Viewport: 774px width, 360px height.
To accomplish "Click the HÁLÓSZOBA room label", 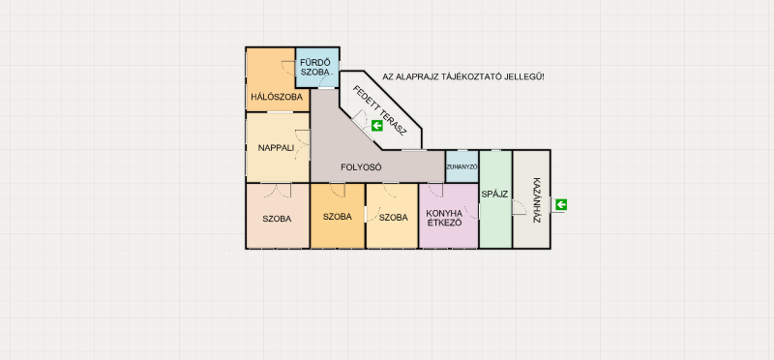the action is (x=277, y=97).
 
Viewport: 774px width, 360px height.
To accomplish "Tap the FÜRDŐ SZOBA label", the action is (x=315, y=67).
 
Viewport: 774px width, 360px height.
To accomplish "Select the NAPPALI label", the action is (x=276, y=148).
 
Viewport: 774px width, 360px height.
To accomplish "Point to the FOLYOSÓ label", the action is (x=361, y=167).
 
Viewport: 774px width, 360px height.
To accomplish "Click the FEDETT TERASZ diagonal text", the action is (x=379, y=110).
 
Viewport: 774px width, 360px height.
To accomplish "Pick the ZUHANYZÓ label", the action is (x=461, y=166).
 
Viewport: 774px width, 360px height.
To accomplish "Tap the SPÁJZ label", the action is (x=494, y=195).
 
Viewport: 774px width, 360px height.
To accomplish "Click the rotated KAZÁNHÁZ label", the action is (x=538, y=199).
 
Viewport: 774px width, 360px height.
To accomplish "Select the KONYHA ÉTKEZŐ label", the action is (x=444, y=218).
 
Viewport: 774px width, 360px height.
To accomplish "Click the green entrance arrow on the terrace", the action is (x=377, y=126).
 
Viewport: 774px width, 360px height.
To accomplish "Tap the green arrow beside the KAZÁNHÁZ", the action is (x=561, y=204).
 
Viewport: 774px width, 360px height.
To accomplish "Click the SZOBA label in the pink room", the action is (x=277, y=219).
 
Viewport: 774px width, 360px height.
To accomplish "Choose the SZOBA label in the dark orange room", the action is (x=337, y=217).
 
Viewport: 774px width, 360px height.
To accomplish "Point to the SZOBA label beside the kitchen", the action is (x=394, y=218).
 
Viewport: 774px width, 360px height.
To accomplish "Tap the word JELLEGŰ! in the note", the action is (x=526, y=77).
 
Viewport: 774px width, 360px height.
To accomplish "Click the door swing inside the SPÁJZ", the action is (x=520, y=207).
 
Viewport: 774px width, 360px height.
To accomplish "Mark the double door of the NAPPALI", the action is (x=302, y=145).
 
